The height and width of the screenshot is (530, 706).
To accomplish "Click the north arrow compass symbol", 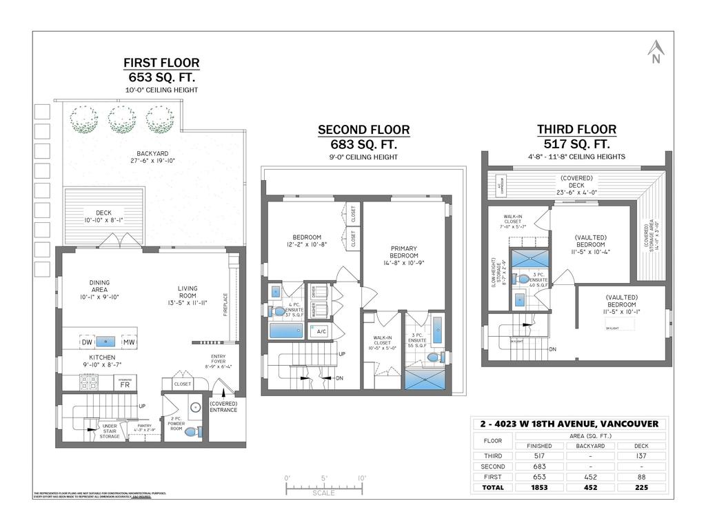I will [656, 52].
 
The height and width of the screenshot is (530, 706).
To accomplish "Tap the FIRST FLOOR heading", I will [161, 63].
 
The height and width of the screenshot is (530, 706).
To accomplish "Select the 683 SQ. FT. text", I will [363, 144].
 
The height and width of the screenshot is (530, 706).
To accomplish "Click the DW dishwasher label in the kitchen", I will [87, 342].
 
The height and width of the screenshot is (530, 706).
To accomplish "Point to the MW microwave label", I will [128, 342].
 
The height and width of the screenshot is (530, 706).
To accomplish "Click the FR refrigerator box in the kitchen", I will [125, 384].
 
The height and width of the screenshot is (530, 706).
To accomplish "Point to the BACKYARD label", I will [152, 153].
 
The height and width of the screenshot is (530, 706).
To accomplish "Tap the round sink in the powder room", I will [194, 407].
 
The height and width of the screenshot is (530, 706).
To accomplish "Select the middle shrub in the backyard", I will [121, 119].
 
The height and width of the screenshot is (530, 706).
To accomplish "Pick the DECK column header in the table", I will [641, 446].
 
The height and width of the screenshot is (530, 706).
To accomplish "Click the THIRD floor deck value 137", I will [641, 456].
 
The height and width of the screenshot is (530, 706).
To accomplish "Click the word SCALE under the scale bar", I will [323, 493].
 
